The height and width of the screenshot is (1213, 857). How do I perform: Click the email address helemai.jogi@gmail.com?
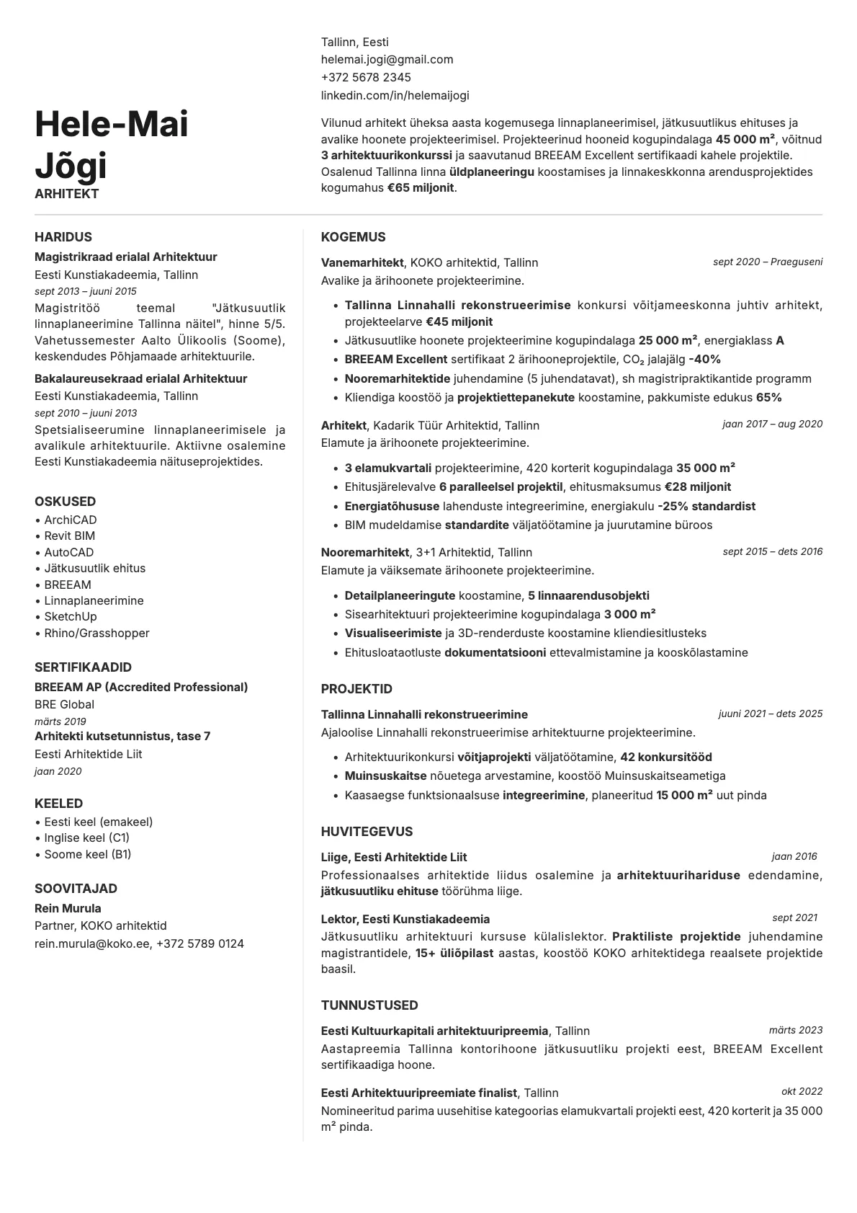pos(387,60)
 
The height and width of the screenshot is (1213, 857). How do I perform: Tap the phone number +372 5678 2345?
pos(366,77)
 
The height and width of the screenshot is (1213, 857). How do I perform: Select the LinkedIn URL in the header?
pos(395,95)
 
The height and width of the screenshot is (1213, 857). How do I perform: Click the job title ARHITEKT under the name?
pos(66,194)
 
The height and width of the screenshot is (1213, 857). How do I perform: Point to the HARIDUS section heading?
pos(63,237)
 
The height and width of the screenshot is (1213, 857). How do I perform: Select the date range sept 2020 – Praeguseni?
pos(767,262)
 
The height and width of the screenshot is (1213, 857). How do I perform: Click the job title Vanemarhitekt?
pos(362,262)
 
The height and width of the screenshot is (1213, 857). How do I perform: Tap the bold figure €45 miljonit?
pos(459,321)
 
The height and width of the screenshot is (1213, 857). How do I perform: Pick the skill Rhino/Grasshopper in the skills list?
pos(97,633)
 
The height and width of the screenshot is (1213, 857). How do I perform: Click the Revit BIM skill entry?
pos(70,536)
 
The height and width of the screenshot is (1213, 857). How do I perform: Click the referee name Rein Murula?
pos(68,908)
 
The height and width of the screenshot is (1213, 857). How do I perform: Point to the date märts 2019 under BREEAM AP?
pos(60,721)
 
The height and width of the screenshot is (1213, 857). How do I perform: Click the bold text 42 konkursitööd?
pos(665,757)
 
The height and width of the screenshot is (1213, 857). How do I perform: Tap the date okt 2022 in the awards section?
pos(802,1092)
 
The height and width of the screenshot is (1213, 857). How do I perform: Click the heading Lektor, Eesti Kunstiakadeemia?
pos(405,919)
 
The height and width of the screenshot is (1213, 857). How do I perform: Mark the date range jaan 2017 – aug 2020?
pos(772,425)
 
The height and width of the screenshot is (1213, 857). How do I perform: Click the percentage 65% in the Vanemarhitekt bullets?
pos(768,397)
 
